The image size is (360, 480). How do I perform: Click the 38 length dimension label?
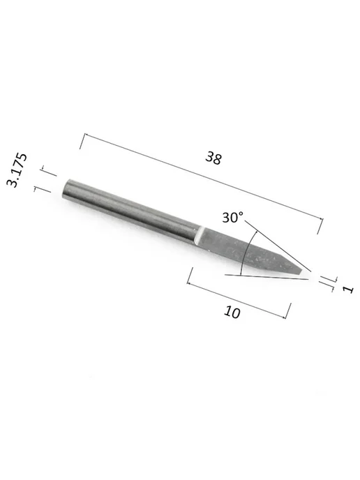[x=213, y=158]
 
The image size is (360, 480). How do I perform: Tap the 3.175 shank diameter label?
[x=17, y=170]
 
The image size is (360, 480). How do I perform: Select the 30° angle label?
[x=232, y=218]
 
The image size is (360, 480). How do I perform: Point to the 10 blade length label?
[x=232, y=313]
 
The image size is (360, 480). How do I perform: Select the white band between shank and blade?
[x=198, y=235]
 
